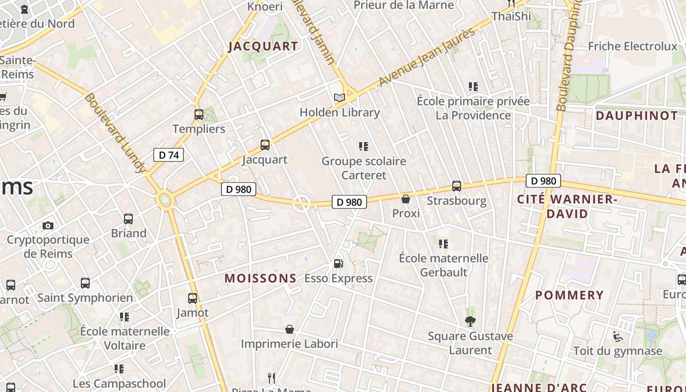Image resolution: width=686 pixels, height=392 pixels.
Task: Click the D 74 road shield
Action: [169, 155]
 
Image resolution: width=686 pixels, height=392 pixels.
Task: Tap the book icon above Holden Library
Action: [340, 98]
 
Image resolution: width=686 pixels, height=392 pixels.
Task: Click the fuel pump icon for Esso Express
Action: [338, 264]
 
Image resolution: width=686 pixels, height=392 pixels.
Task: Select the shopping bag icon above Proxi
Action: [406, 199]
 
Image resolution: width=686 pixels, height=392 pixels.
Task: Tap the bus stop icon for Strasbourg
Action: [457, 186]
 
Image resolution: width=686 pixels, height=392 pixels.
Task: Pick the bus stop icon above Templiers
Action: [198, 115]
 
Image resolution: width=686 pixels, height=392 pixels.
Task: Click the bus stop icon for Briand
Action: [128, 219]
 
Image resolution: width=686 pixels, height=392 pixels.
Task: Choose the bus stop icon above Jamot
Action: [193, 298]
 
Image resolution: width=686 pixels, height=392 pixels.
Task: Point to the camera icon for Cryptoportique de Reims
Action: [48, 225]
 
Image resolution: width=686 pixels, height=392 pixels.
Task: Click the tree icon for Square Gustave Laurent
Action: [470, 321]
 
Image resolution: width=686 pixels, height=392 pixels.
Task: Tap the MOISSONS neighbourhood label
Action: [261, 278]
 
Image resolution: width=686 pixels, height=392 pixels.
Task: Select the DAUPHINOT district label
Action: [637, 116]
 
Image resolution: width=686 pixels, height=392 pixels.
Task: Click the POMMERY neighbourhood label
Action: [569, 295]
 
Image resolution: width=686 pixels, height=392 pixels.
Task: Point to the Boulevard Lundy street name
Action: [116, 132]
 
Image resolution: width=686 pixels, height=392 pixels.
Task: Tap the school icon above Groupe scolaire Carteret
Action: [363, 147]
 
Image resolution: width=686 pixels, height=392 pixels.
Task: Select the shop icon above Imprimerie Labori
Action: [290, 329]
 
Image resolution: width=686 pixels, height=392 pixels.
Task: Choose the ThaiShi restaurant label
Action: [512, 16]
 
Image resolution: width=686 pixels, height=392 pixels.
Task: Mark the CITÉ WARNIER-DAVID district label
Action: [567, 206]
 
